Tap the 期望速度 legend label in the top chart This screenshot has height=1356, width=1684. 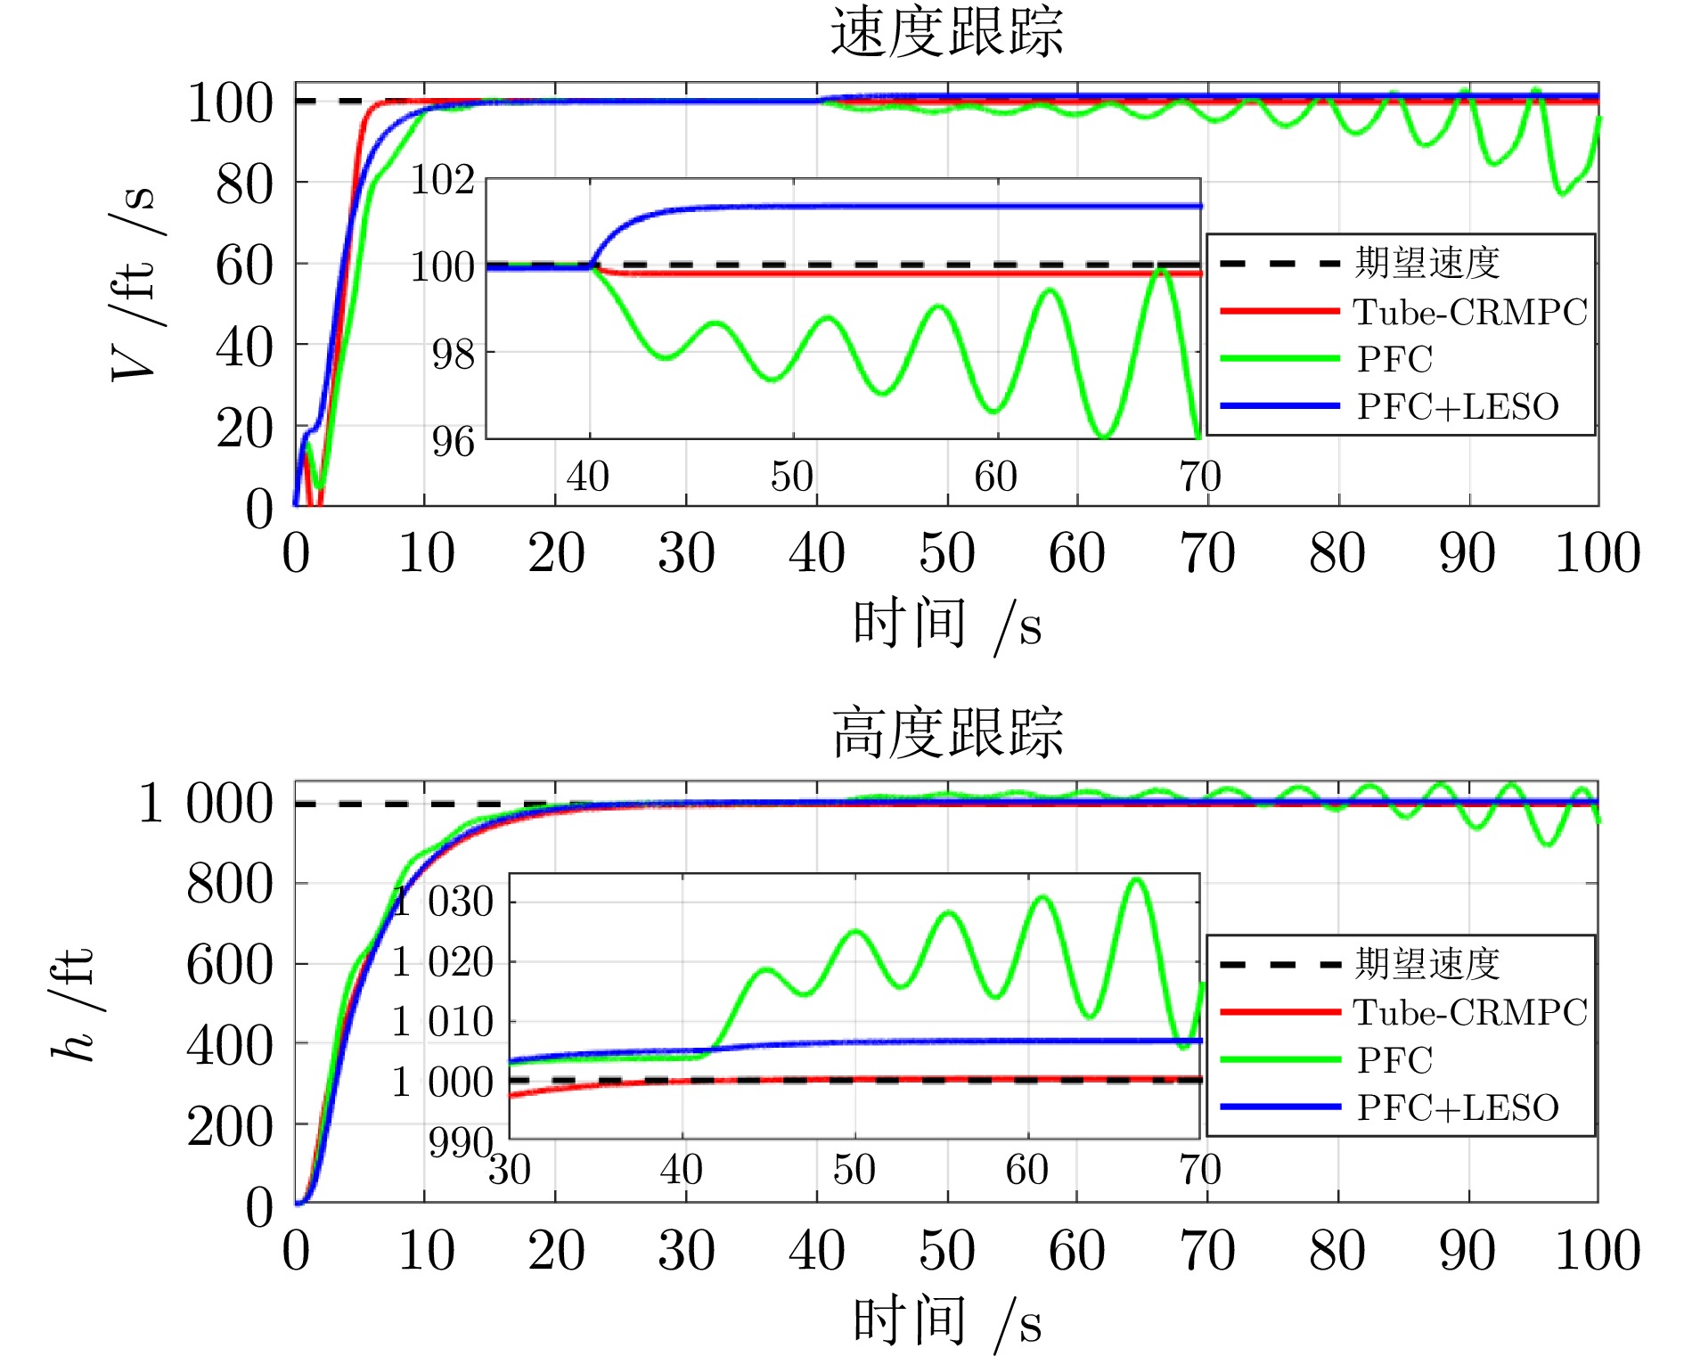(1427, 263)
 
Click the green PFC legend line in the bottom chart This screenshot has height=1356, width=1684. (1279, 1059)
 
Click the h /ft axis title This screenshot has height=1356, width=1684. (73, 1002)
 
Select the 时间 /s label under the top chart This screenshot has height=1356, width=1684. (946, 625)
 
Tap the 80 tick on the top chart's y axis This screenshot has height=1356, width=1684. (244, 184)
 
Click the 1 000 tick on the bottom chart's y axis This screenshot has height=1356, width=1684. (207, 803)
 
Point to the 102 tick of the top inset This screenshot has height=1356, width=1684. (443, 180)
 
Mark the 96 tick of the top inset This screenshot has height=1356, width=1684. (453, 441)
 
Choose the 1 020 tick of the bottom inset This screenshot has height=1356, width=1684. (443, 962)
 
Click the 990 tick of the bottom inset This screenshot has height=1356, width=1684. (460, 1141)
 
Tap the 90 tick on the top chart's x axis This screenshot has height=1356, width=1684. (1467, 553)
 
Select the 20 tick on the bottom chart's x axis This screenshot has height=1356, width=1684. (556, 1251)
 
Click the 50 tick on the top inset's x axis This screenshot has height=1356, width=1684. (792, 477)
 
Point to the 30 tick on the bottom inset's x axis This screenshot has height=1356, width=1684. (510, 1170)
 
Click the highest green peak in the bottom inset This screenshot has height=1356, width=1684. (1137, 880)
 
